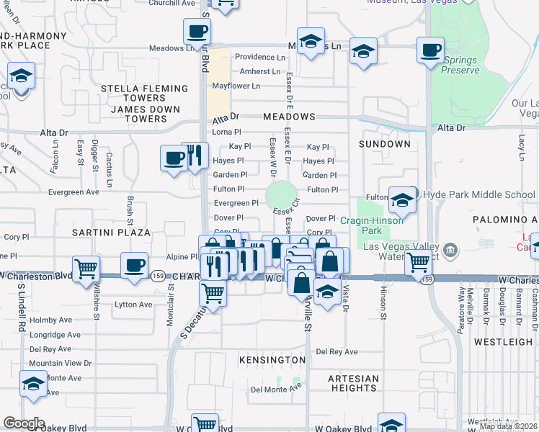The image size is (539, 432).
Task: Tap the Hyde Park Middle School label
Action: [x=478, y=194]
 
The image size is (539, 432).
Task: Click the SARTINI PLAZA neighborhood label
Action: [x=111, y=233]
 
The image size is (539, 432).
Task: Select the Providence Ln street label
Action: [x=260, y=57]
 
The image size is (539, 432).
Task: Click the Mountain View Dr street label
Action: [x=61, y=364]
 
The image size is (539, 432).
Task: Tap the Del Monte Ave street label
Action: [x=276, y=390]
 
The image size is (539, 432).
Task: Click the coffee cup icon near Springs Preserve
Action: [x=431, y=50]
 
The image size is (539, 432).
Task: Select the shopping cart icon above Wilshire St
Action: [x=86, y=269]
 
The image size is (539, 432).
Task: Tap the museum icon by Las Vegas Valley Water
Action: [x=451, y=250]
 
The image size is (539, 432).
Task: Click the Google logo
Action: [x=24, y=423]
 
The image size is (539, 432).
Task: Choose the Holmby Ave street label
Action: [x=55, y=320]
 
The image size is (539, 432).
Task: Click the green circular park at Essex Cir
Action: [x=281, y=195]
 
